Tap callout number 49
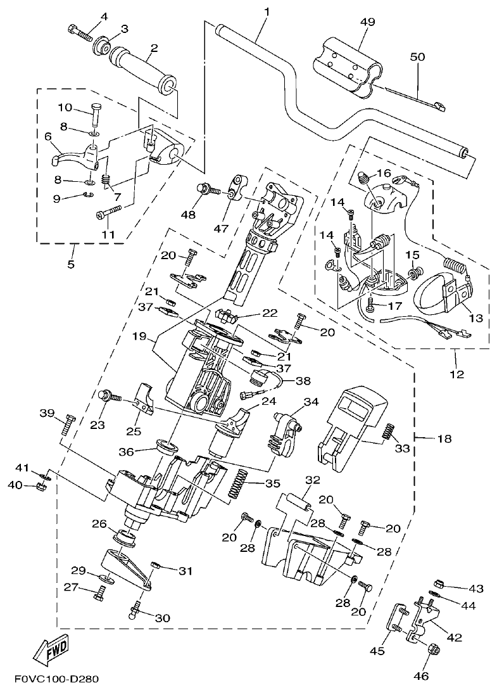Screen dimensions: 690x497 coord(367,22)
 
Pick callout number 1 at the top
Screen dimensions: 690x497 coord(267,11)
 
